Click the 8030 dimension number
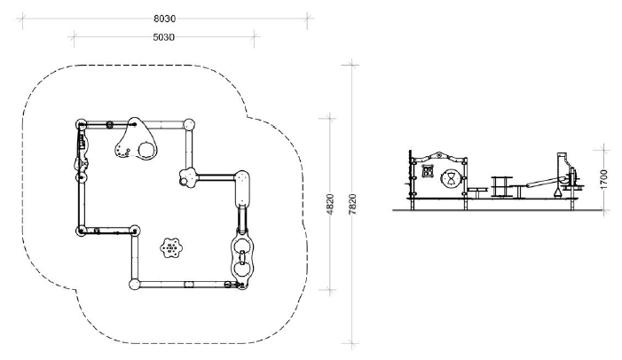tap(164, 19)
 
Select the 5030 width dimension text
tap(163, 37)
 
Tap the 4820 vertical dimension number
tap(330, 204)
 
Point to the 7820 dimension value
tap(352, 204)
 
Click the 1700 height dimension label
tap(603, 179)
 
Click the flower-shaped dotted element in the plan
tap(171, 248)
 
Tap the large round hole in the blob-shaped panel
tap(146, 150)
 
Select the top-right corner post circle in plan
tap(189, 124)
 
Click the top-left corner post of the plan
tap(81, 124)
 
